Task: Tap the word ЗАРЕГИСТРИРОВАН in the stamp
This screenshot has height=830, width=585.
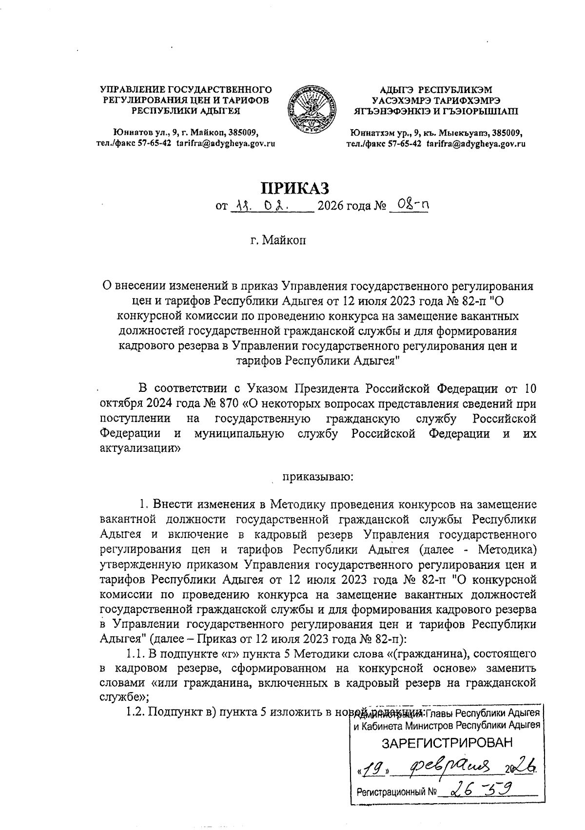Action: coord(448,743)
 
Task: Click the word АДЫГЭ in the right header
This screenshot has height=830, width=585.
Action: coord(395,90)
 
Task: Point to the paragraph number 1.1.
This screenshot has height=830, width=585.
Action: coord(135,652)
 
